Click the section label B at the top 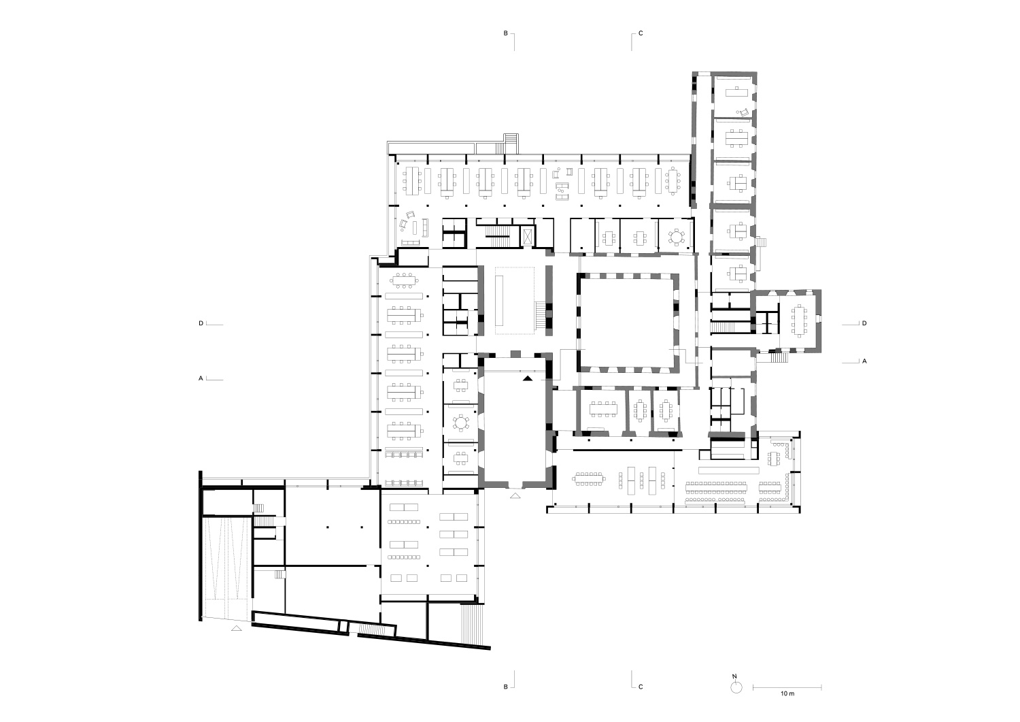click(505, 33)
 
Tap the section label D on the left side click(201, 323)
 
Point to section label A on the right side click(864, 361)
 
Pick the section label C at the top click(641, 33)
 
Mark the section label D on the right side click(864, 323)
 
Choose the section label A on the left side click(201, 378)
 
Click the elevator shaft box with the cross click(527, 237)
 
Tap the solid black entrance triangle click(527, 378)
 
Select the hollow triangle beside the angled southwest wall click(237, 628)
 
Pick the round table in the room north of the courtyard click(677, 237)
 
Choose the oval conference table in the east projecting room click(799, 321)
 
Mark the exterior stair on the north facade click(511, 143)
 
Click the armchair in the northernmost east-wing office click(744, 112)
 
